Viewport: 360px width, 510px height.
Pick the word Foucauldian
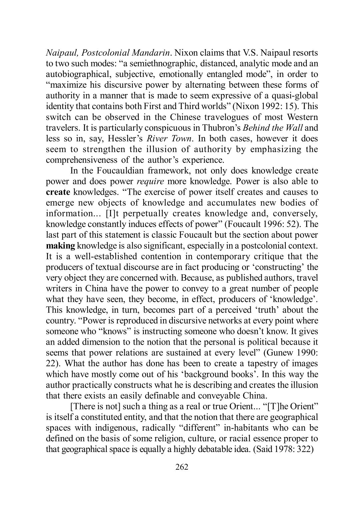[x=116, y=171]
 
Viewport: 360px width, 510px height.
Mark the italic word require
[x=150, y=181]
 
